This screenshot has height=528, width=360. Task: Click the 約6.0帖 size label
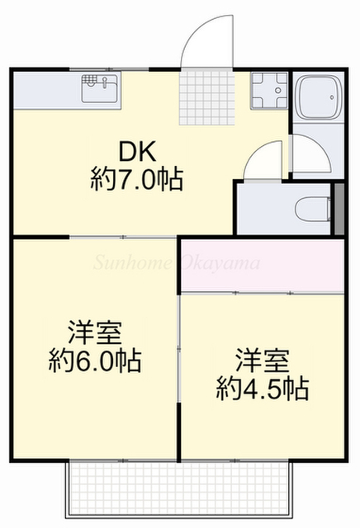pyautogui.click(x=94, y=361)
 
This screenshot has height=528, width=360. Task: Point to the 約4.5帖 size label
pyautogui.click(x=263, y=387)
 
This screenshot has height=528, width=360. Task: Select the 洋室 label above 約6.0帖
pyautogui.click(x=94, y=333)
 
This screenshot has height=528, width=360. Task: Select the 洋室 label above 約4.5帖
pyautogui.click(x=263, y=361)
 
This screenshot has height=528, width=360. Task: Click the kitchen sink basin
pyautogui.click(x=101, y=87)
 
